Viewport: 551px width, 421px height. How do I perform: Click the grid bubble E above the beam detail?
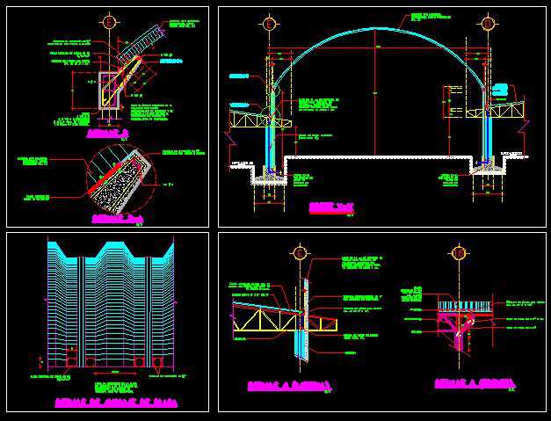coord(108,22)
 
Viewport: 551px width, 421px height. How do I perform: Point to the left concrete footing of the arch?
coord(270,174)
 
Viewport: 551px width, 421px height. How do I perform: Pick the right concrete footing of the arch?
coord(486,170)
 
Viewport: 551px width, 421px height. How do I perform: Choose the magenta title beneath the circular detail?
coord(117,217)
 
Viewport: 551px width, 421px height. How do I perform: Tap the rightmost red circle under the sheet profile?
coord(158,361)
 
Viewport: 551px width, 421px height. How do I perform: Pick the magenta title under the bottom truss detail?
coord(287,385)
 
